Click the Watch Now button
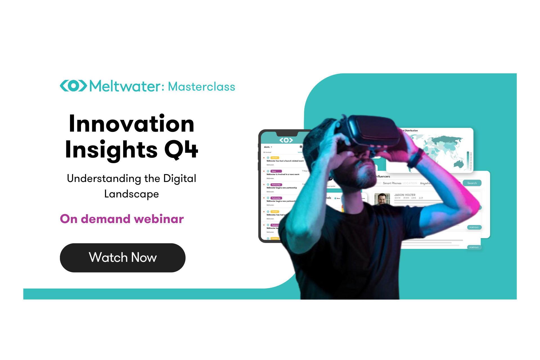(x=123, y=258)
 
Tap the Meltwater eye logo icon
(x=73, y=86)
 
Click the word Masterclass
(x=201, y=87)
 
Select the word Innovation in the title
(x=132, y=124)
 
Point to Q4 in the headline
(x=181, y=150)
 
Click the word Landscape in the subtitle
(x=131, y=194)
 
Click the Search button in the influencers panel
(x=472, y=183)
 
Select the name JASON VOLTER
(x=405, y=195)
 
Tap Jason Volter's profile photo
(x=382, y=199)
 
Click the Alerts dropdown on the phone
(x=268, y=147)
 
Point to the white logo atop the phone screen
(x=286, y=140)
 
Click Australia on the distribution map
(x=458, y=164)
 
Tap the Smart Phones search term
(x=392, y=183)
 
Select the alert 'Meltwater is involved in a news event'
(x=283, y=174)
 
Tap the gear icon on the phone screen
(x=301, y=147)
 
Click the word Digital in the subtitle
(x=180, y=179)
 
